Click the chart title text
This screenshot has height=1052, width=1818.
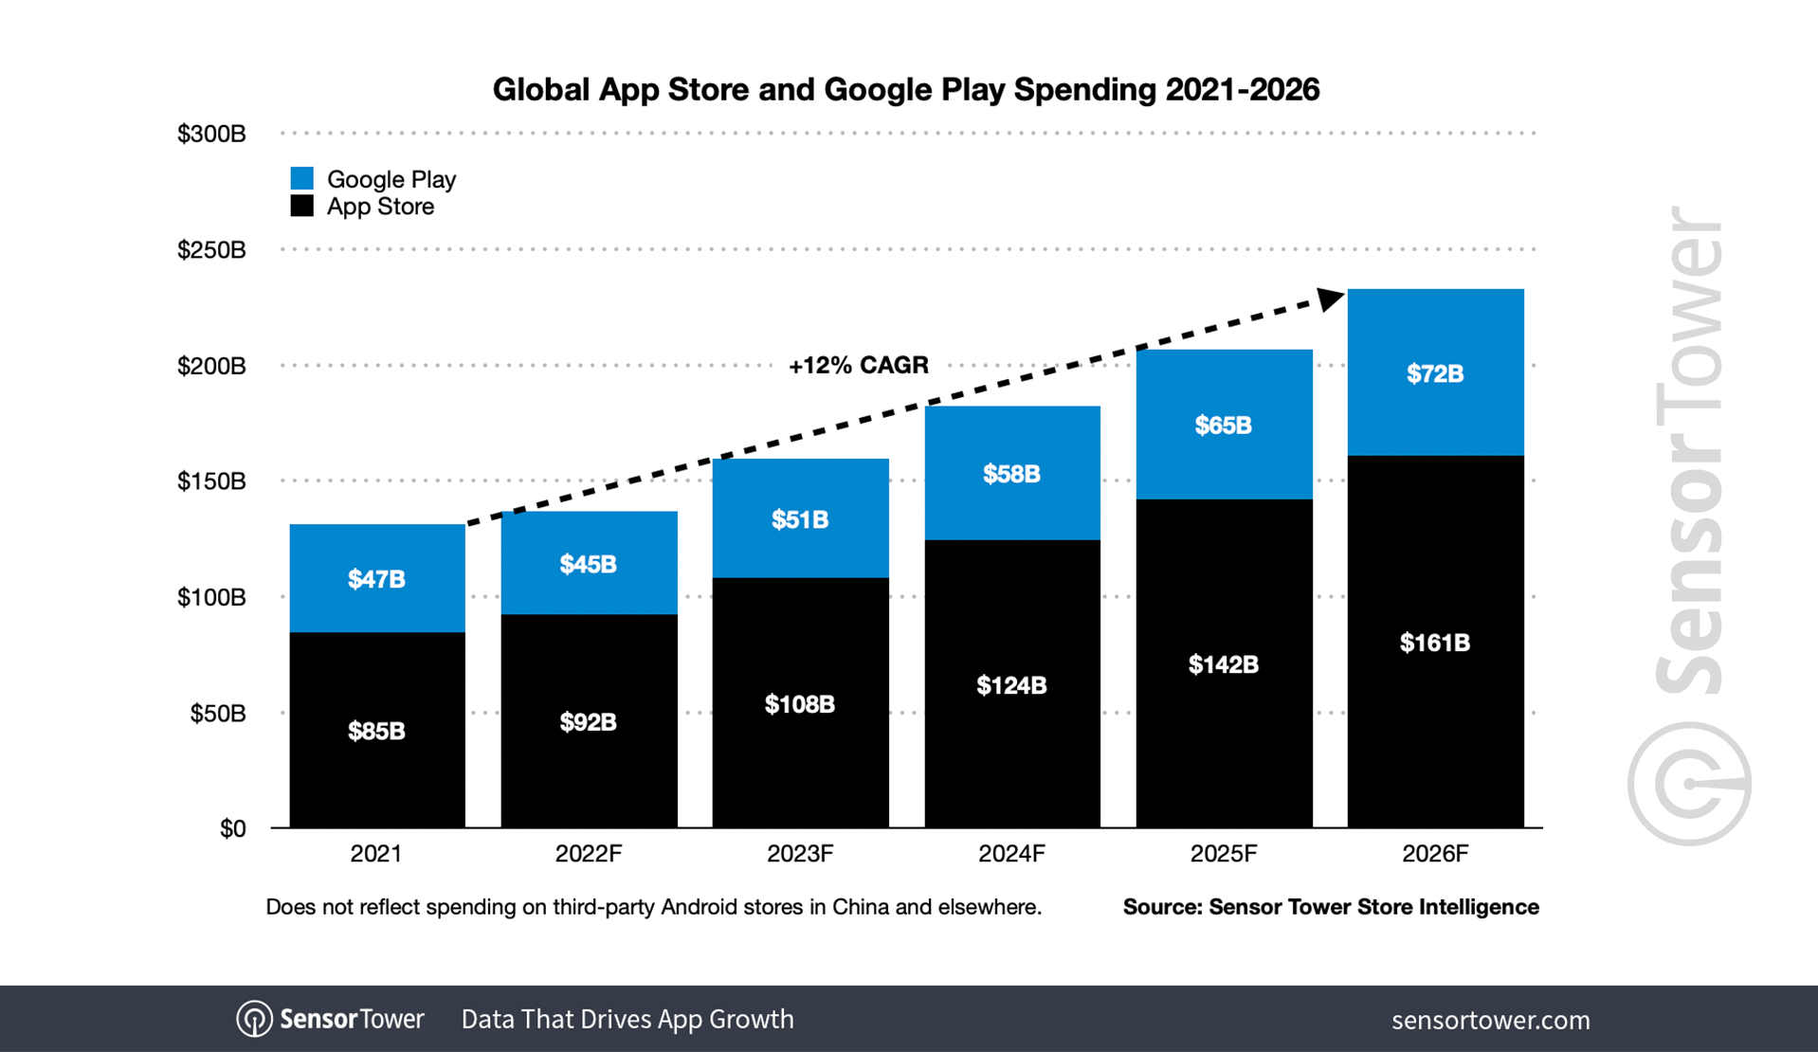point(905,89)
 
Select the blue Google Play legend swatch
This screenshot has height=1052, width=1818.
point(301,178)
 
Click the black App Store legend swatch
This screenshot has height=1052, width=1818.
point(301,206)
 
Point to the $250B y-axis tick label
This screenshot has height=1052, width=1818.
point(211,249)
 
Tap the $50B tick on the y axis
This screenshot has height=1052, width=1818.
point(218,713)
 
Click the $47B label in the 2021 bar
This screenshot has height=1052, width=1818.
point(376,578)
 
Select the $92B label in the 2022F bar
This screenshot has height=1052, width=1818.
point(588,722)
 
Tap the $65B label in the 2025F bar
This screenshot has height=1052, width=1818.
point(1223,425)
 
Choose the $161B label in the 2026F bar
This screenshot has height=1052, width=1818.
point(1434,643)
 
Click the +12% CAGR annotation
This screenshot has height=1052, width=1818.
point(858,365)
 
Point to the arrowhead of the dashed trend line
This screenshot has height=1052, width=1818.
point(1331,299)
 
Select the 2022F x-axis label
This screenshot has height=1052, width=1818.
point(588,854)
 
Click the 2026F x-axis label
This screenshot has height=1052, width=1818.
point(1434,854)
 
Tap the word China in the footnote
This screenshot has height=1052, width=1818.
point(860,907)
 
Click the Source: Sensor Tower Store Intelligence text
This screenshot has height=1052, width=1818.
point(1330,907)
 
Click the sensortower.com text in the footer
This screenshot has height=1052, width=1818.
point(1490,1020)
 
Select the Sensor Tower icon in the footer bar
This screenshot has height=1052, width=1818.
point(254,1019)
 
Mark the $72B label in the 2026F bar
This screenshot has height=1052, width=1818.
point(1434,373)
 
